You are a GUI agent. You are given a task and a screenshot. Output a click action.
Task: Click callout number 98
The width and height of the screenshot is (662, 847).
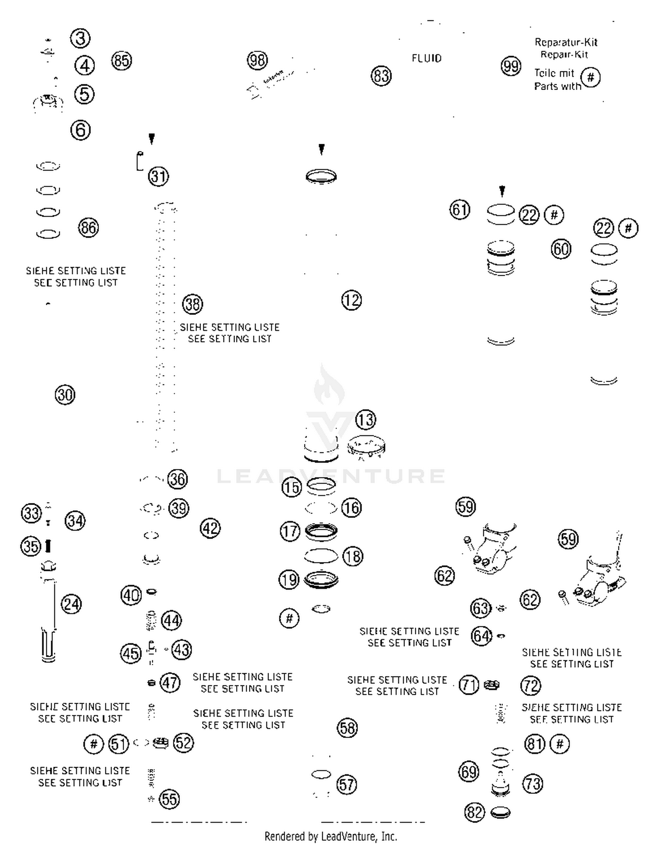(x=257, y=60)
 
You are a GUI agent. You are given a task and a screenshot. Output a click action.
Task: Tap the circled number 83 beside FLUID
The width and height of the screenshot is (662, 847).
(x=381, y=76)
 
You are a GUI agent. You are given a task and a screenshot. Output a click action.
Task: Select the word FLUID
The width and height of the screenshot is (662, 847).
(x=426, y=58)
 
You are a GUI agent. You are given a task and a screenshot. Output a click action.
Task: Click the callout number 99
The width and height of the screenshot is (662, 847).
(x=511, y=67)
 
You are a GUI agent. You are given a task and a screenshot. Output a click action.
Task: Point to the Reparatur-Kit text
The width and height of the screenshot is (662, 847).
(x=566, y=42)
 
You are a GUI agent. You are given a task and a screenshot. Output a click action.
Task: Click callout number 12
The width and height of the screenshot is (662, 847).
(x=352, y=300)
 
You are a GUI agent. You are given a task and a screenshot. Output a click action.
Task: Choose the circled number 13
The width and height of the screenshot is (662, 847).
(x=366, y=420)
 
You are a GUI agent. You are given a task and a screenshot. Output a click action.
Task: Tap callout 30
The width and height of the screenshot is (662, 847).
(x=65, y=394)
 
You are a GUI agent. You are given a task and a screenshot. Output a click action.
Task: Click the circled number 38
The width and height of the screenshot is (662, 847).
(x=192, y=304)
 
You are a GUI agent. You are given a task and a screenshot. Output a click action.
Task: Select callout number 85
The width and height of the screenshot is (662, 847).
(x=121, y=60)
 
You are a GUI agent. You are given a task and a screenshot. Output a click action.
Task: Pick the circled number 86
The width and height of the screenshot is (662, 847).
(x=88, y=228)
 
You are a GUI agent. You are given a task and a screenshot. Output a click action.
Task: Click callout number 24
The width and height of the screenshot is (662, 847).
(x=71, y=604)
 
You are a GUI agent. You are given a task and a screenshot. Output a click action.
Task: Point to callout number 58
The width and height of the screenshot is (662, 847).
(x=347, y=728)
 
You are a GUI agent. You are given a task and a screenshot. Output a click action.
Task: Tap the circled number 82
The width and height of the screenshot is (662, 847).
(x=475, y=812)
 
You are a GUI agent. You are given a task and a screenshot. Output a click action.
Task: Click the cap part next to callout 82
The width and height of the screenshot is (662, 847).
(x=500, y=812)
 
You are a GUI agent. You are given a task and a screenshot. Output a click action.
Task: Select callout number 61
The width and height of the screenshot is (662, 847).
(x=460, y=210)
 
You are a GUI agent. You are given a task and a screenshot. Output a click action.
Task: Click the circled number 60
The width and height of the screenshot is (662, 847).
(x=561, y=249)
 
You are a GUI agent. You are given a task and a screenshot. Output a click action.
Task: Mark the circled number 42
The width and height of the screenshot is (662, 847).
(x=210, y=528)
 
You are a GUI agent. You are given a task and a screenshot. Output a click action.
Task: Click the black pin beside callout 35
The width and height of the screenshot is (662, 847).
(x=48, y=546)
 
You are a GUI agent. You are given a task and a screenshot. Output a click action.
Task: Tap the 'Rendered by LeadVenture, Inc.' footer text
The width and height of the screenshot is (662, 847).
(x=331, y=836)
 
